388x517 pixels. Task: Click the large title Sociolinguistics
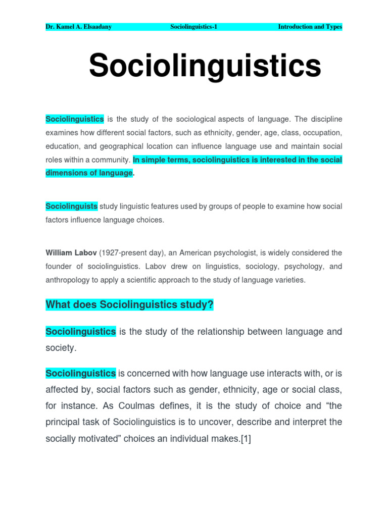tap(205, 66)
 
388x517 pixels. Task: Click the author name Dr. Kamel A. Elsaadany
tap(78, 27)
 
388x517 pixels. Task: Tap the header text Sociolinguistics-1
tap(194, 27)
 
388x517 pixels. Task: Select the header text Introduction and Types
tap(310, 27)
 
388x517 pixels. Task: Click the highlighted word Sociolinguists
tap(71, 206)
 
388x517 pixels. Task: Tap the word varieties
tap(289, 280)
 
